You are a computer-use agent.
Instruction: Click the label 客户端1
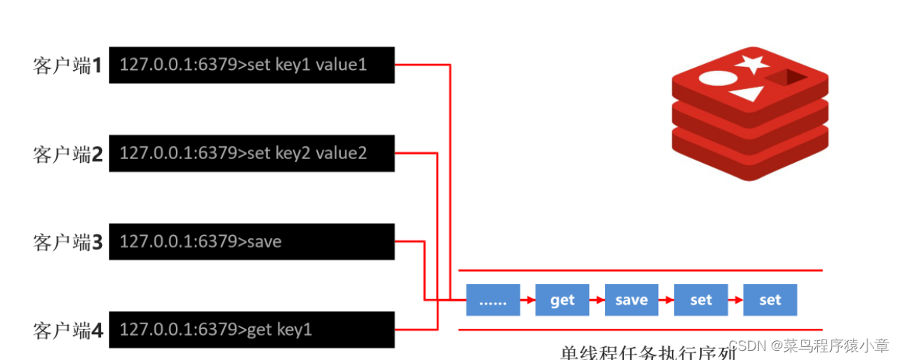pyautogui.click(x=67, y=65)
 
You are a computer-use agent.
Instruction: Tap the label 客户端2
pyautogui.click(x=67, y=155)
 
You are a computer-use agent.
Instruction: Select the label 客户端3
pyautogui.click(x=67, y=243)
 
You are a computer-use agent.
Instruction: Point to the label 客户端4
pyautogui.click(x=67, y=330)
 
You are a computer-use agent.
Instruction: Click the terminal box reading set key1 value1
pyautogui.click(x=251, y=65)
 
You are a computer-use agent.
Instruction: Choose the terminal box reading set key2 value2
pyautogui.click(x=251, y=154)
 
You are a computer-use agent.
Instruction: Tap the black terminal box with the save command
pyautogui.click(x=251, y=242)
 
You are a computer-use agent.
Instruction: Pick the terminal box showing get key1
pyautogui.click(x=251, y=330)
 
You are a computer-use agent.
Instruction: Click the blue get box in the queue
pyautogui.click(x=562, y=300)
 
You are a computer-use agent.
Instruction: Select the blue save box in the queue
pyautogui.click(x=632, y=300)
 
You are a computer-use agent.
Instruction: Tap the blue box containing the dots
pyautogui.click(x=493, y=300)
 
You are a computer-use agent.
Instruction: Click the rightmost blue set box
pyautogui.click(x=770, y=300)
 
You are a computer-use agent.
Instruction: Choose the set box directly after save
pyautogui.click(x=701, y=300)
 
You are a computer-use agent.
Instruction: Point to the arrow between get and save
pyautogui.click(x=597, y=300)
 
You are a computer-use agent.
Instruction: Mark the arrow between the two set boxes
pyautogui.click(x=735, y=300)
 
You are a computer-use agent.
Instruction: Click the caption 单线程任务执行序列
pyautogui.click(x=648, y=352)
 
